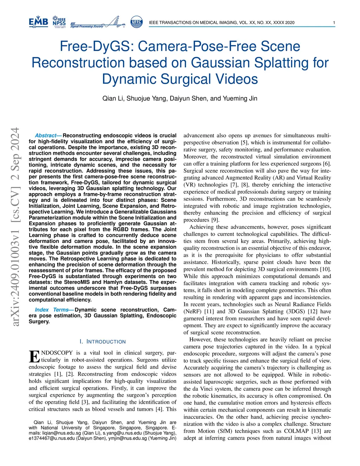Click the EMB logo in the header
(38, 22)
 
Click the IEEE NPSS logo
(59, 22)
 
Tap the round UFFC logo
(136, 22)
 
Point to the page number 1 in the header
(334, 23)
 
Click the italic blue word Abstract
(46, 135)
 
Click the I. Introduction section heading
(102, 341)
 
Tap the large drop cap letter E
(34, 356)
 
